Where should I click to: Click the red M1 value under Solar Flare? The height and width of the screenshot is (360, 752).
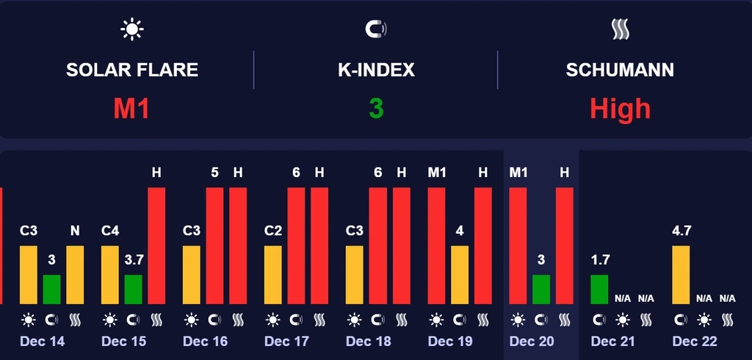tap(131, 109)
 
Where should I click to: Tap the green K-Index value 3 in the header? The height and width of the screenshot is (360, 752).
tap(376, 109)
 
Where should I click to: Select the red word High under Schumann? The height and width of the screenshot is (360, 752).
tap(621, 109)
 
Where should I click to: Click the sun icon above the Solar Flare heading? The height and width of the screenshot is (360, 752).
tap(132, 29)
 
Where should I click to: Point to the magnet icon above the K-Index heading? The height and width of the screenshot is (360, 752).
tap(376, 29)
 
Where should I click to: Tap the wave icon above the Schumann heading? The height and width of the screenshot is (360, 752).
tap(621, 29)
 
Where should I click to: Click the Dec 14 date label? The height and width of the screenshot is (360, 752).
tap(43, 342)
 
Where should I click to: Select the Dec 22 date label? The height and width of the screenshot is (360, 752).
tap(695, 342)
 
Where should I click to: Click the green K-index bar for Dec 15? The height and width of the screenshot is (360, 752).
tap(133, 289)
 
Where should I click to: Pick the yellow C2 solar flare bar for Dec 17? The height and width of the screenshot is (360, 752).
tap(272, 275)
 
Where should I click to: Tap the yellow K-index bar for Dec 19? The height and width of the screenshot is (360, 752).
tap(460, 275)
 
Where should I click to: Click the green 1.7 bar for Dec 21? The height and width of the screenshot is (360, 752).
tap(599, 289)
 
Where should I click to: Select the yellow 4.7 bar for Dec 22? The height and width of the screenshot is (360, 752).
tap(681, 275)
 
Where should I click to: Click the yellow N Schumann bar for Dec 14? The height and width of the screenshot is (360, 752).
tap(75, 275)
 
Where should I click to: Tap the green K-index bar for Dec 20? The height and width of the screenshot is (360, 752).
tap(541, 289)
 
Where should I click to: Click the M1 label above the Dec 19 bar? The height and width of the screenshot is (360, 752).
tap(436, 173)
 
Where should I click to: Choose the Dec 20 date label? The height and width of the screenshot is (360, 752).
tap(532, 342)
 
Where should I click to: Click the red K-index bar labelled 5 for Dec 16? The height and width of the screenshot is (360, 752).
tap(214, 246)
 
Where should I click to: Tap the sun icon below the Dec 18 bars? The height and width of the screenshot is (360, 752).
tap(355, 320)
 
